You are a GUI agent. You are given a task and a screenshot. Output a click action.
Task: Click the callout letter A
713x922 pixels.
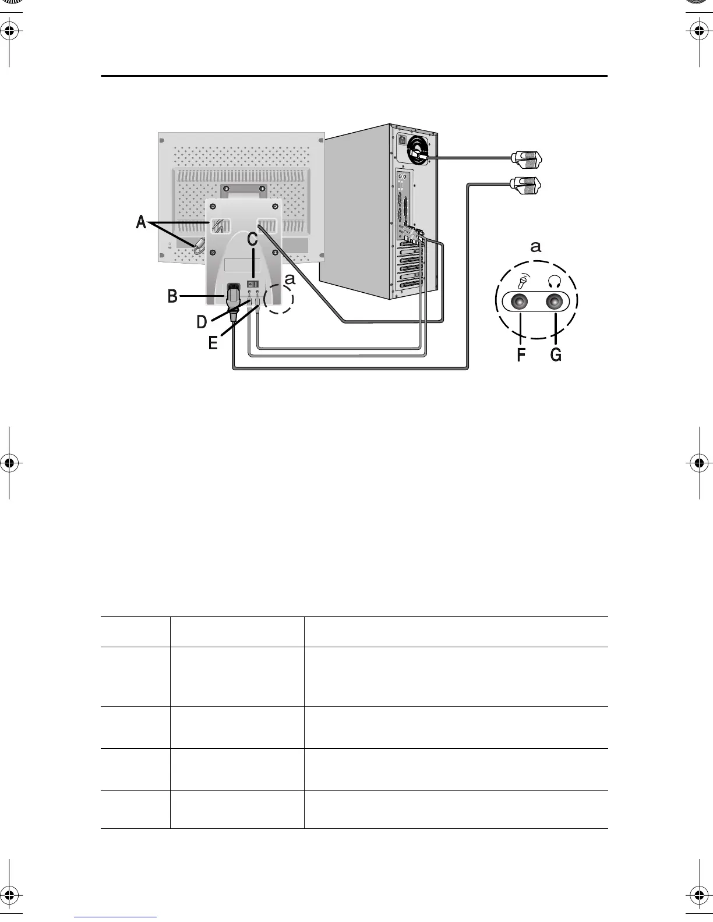click(141, 222)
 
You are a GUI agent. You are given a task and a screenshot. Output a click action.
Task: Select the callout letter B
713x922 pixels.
click(172, 296)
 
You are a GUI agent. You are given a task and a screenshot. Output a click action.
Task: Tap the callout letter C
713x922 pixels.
click(252, 239)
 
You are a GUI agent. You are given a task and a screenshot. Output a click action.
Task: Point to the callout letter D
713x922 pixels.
click(202, 321)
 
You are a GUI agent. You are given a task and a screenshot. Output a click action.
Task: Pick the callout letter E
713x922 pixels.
click(213, 343)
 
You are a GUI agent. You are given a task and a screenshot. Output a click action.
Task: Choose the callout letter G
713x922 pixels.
click(556, 354)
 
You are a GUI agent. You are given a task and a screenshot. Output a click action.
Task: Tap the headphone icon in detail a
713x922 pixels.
click(555, 281)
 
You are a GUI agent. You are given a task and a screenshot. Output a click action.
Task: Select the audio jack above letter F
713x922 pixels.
click(519, 302)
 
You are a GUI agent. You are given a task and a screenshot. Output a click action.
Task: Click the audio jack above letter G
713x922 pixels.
click(556, 302)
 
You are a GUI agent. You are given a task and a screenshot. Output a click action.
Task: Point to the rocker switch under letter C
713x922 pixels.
click(253, 283)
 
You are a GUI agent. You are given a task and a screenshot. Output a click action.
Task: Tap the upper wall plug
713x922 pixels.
click(527, 157)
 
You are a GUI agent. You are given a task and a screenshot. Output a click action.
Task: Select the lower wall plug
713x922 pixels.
click(527, 185)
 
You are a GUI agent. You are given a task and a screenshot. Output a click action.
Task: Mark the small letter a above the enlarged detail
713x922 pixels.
click(536, 247)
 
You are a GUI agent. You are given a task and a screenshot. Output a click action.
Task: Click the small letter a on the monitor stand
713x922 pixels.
click(290, 280)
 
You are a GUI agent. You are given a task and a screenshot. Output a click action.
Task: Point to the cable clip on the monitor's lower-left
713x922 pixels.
click(200, 246)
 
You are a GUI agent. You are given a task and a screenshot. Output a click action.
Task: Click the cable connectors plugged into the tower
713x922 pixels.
click(412, 234)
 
